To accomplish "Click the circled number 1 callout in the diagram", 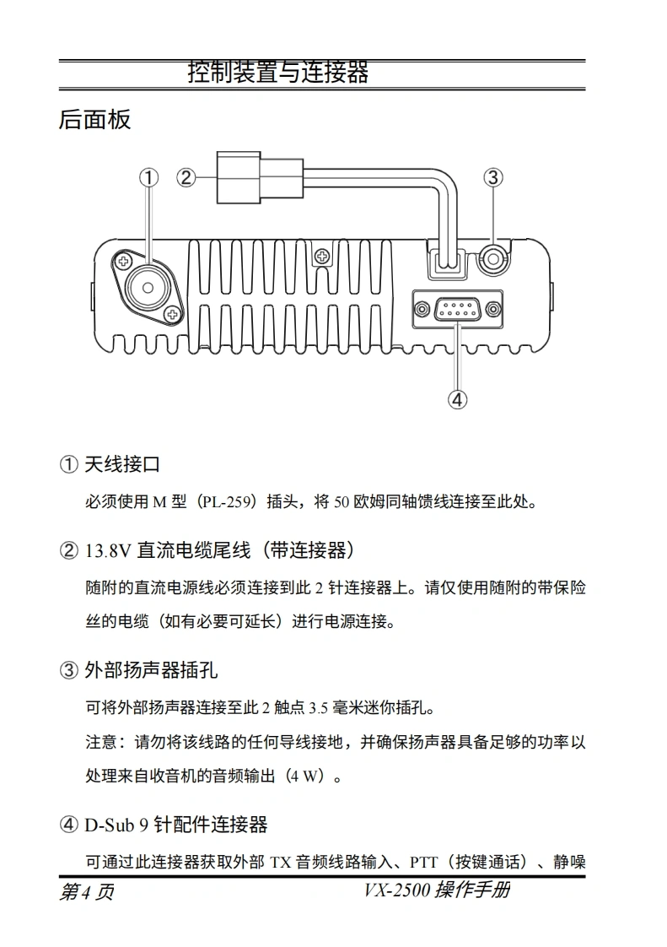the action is click(x=148, y=177).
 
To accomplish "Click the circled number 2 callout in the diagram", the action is click(x=186, y=177).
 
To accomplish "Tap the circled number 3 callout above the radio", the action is click(x=493, y=177).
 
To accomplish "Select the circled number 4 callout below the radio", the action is click(x=458, y=399).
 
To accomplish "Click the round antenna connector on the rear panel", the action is click(x=148, y=288).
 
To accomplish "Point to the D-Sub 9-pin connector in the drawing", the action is click(x=458, y=310).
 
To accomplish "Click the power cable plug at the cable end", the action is click(x=259, y=177).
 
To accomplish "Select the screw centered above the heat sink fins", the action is click(x=323, y=256).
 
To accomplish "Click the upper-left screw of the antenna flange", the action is click(x=124, y=262).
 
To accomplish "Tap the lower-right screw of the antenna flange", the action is click(x=173, y=313).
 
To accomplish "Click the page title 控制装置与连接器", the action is click(x=278, y=72).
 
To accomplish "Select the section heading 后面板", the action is click(x=94, y=120).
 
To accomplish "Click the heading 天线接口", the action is click(x=122, y=464).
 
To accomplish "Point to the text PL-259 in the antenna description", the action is click(x=226, y=502).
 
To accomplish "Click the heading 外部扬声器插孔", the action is click(x=151, y=670).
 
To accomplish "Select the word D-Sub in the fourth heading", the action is click(x=109, y=825).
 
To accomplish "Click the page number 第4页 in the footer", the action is click(x=86, y=891).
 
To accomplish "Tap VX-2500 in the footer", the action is click(x=396, y=890).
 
